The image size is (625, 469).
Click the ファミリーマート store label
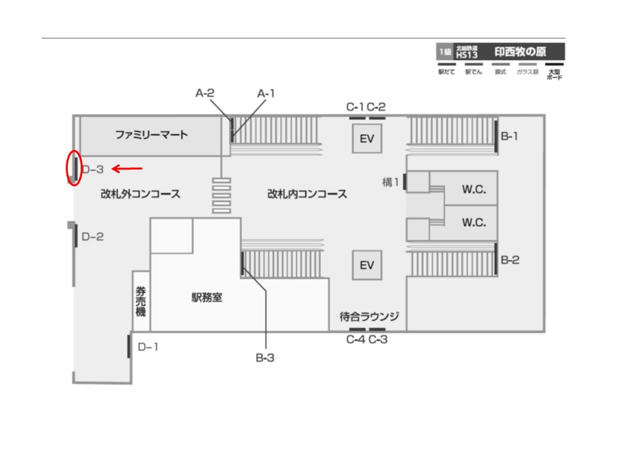151,135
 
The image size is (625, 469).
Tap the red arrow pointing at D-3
127,169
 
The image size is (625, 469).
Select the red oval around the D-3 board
74,168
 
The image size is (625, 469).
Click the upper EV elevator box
367,138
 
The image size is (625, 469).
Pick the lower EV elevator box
367,265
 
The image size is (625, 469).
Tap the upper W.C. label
475,190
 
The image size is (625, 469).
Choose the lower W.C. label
475,222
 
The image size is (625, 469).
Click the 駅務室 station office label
207,297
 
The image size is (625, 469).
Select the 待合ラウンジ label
369,317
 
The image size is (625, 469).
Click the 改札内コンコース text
307,194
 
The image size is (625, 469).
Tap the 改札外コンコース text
140,194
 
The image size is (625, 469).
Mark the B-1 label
510,137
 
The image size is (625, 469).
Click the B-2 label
510,261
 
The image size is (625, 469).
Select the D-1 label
148,347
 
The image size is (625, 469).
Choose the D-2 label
92,237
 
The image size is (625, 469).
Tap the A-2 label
205,93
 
